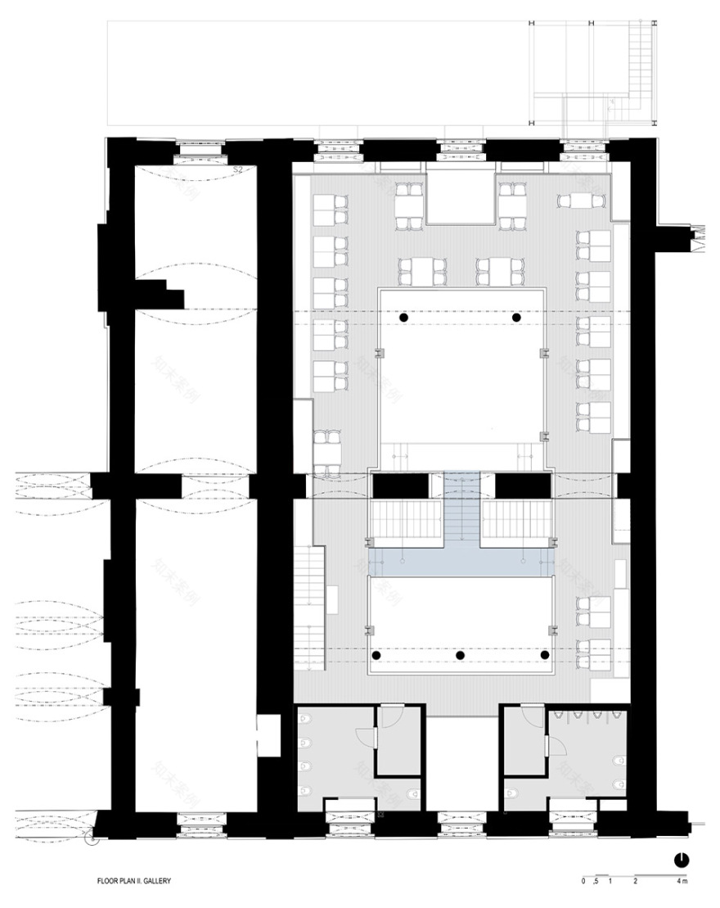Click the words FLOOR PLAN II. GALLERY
tap(133, 883)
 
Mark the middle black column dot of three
tap(461, 656)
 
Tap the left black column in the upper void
tap(403, 317)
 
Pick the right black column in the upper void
tap(516, 317)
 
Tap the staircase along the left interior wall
tap(312, 586)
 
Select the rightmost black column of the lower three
tap(546, 656)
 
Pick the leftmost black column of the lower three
tap(377, 656)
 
